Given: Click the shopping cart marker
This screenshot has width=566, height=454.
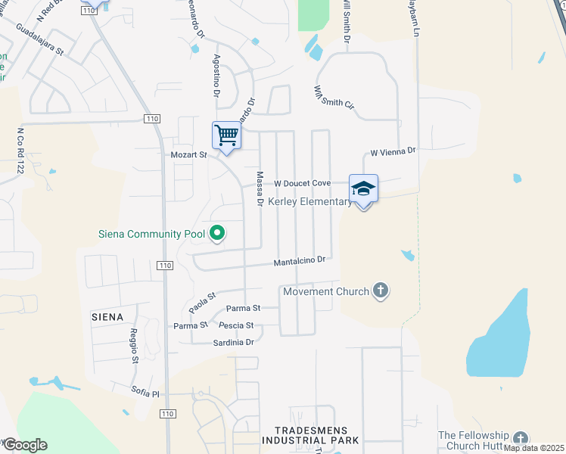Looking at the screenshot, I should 226,136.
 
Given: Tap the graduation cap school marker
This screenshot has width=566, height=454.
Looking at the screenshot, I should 363,188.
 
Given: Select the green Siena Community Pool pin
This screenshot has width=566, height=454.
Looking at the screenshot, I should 217,233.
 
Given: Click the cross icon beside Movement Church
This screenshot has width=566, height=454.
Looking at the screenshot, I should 381,291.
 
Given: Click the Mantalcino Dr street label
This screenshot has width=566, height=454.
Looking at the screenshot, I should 299,261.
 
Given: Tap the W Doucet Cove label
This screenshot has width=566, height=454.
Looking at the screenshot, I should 302,183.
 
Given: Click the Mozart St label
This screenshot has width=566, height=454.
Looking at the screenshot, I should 188,154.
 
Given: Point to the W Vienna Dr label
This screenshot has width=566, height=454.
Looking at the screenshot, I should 393,151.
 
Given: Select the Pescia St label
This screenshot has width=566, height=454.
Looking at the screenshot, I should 235,325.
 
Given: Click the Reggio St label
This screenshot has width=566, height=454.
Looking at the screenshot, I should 132,345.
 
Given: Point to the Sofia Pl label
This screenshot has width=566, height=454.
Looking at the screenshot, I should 146,394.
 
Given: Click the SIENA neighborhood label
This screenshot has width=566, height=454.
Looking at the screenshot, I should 107,316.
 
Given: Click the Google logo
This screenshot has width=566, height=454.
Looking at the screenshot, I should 24,445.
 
